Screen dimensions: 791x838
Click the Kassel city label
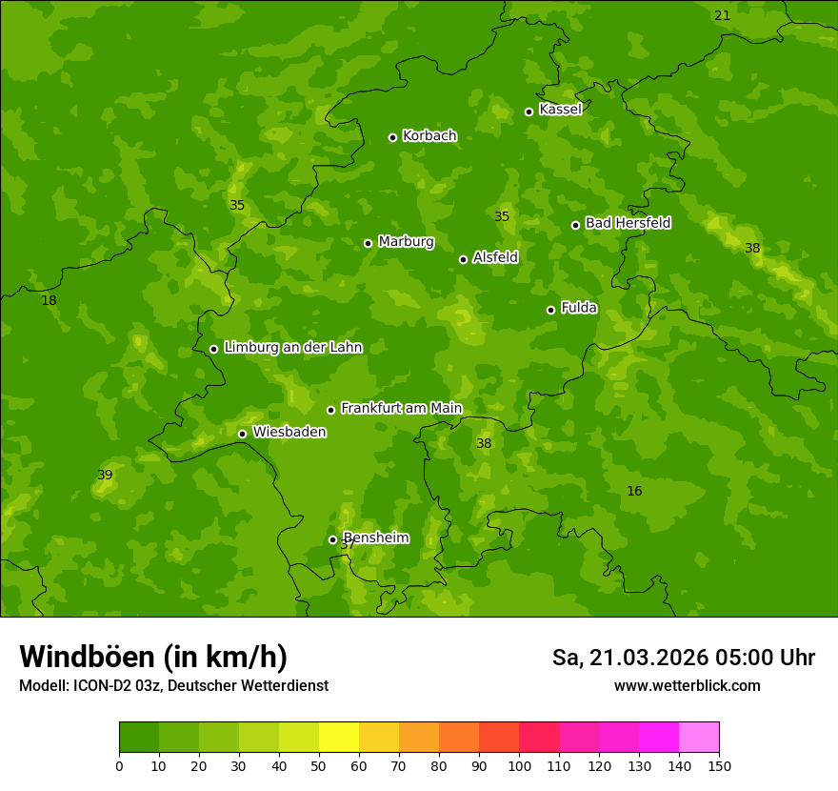point(560,110)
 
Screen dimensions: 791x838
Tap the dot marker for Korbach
point(392,137)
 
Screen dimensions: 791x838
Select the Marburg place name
point(406,242)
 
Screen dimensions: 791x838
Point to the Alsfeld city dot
point(463,259)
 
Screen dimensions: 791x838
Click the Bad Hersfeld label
point(628,223)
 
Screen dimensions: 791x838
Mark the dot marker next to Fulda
point(550,310)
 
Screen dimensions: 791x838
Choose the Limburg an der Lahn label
point(292,348)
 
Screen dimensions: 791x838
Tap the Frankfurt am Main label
point(401,408)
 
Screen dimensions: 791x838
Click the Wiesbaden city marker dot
point(242,434)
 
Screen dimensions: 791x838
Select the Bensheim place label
point(376,537)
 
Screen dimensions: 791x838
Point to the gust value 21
point(722,15)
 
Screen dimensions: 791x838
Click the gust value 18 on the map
point(49,300)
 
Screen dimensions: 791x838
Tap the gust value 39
point(105,475)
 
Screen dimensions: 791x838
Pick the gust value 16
point(634,491)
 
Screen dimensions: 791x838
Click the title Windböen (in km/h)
point(153,657)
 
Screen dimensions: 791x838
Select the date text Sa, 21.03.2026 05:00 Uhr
point(683,658)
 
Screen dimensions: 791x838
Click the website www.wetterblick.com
point(687,685)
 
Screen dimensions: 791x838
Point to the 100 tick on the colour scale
point(519,765)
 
